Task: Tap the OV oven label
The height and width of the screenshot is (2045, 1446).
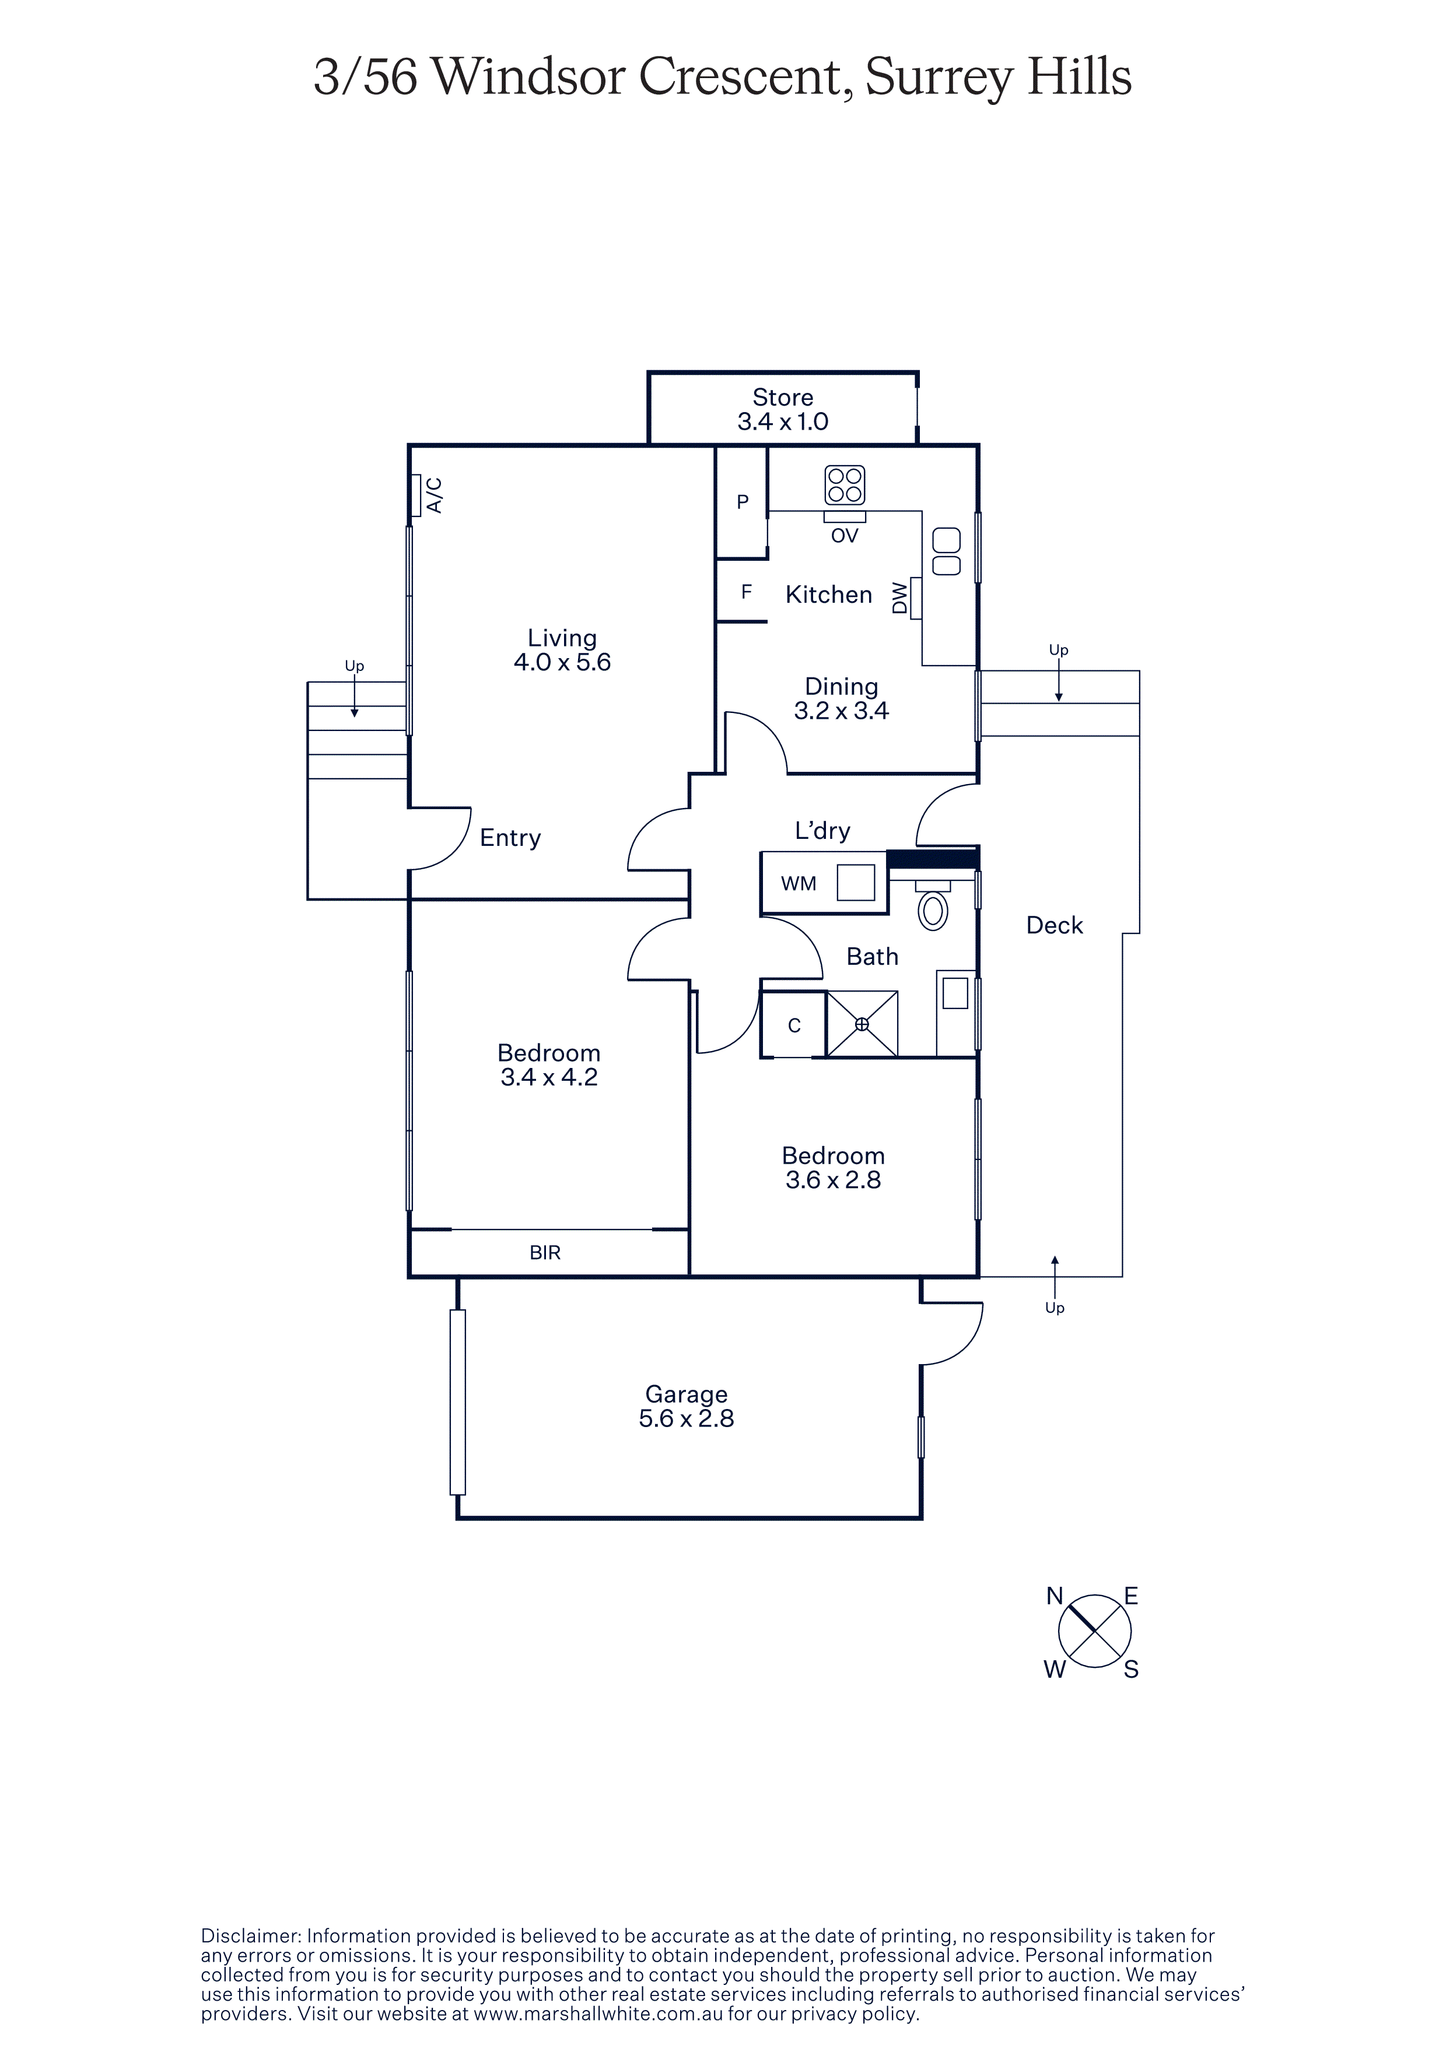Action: (845, 535)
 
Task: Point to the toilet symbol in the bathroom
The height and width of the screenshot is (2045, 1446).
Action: (933, 910)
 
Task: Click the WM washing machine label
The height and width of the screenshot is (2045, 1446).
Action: (799, 884)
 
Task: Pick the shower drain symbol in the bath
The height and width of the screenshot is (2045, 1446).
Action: (862, 1024)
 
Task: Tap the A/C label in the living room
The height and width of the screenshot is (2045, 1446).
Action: (435, 495)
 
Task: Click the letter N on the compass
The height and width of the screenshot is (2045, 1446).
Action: (1055, 1596)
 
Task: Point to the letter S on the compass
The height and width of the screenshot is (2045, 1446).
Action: (1132, 1670)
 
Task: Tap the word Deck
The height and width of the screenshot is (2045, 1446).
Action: (1055, 925)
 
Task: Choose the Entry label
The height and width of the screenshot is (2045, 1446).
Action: (510, 838)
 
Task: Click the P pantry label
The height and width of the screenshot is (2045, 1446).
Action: (742, 503)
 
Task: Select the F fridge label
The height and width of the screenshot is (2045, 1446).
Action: (747, 592)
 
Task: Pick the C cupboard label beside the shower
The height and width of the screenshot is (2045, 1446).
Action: (794, 1025)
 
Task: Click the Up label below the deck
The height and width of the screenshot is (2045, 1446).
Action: (1055, 1308)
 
